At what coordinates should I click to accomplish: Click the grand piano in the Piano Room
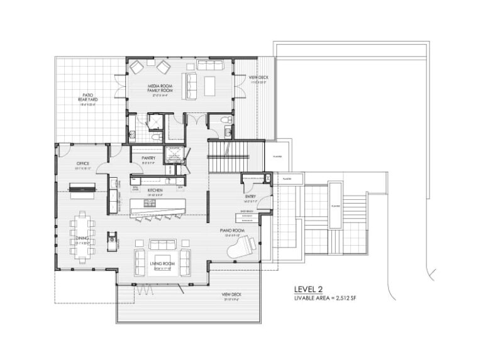click(x=243, y=246)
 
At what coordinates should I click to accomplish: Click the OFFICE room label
click(x=83, y=164)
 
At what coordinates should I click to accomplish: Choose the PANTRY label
click(x=148, y=158)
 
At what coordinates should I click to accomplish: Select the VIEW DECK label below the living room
click(x=230, y=296)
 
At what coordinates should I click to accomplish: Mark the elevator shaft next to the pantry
click(x=172, y=155)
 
